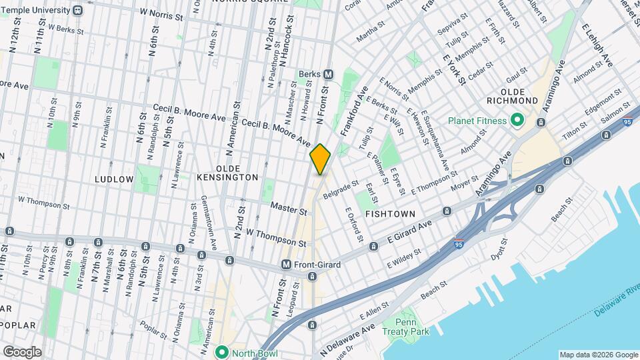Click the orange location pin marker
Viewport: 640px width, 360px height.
coord(321,159)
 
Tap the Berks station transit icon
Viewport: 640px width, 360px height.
coord(329,74)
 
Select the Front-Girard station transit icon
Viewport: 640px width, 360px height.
coord(286,265)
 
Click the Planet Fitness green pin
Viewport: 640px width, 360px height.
coord(517,121)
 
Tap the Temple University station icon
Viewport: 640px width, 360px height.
coord(78,10)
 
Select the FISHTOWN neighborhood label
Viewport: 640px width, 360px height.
coord(391,213)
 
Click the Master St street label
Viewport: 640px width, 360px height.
coord(288,210)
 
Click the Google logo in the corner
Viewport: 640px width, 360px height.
coord(22,352)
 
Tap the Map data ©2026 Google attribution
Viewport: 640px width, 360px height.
coord(598,355)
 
